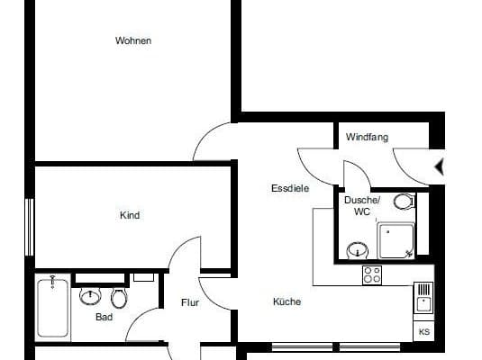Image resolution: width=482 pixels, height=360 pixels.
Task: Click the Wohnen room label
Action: [x=133, y=40]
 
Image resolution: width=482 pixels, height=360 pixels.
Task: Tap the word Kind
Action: [x=131, y=215]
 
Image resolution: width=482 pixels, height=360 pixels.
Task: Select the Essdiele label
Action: [x=290, y=189]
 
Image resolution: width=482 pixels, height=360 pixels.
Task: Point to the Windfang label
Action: [x=367, y=138]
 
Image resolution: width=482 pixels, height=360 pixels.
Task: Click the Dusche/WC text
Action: [x=362, y=205]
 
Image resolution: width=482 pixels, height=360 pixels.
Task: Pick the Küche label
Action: [x=287, y=301]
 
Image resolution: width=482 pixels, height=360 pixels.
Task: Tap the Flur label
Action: [x=189, y=303]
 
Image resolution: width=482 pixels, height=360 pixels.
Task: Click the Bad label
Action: [x=104, y=317]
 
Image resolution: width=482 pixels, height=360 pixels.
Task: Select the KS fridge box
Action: [x=424, y=330]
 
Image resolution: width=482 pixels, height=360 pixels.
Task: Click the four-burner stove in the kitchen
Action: [x=372, y=275]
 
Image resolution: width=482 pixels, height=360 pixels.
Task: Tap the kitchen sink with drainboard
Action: [x=423, y=298]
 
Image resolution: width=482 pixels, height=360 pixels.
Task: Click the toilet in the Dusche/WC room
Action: [x=403, y=202]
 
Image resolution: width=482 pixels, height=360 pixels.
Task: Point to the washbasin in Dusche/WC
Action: [x=359, y=248]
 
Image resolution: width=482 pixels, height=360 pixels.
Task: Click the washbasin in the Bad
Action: [x=90, y=295]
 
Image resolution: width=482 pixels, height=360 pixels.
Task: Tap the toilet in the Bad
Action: [x=118, y=297]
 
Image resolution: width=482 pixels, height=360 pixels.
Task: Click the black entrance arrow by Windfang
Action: [x=440, y=166]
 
